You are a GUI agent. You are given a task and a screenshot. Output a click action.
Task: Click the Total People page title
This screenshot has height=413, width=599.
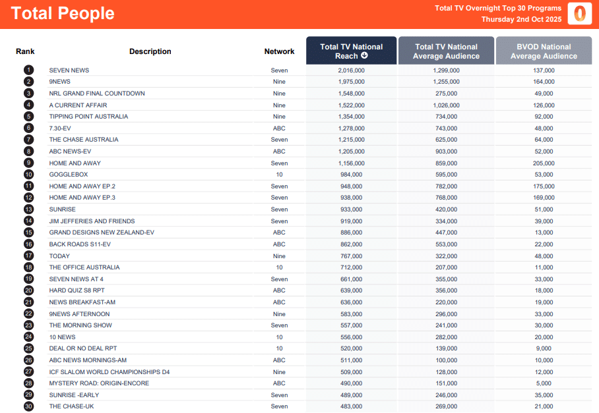(x=63, y=13)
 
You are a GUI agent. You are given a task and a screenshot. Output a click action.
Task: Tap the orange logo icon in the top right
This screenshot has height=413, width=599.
(x=580, y=13)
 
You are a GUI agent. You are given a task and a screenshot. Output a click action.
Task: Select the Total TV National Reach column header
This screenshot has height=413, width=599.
(x=351, y=51)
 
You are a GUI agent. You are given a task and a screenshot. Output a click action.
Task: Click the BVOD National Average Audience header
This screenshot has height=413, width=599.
(x=544, y=51)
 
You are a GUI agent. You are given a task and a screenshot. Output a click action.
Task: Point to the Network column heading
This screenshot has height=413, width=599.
(x=279, y=51)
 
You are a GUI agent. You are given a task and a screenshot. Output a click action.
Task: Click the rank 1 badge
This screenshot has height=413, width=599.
(x=28, y=70)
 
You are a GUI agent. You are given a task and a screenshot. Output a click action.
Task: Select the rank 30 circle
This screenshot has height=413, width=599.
(x=28, y=406)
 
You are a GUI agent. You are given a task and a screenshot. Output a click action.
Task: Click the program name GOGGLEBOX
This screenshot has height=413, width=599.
(x=65, y=175)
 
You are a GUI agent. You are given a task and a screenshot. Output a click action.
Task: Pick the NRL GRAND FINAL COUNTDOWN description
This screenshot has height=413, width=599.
(x=96, y=94)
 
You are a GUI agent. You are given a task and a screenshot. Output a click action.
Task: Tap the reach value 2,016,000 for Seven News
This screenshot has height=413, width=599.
(x=351, y=70)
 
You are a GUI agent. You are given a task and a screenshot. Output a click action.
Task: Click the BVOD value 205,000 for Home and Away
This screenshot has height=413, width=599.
(x=544, y=163)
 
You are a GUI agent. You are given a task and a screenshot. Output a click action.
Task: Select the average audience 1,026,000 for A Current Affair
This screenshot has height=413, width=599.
(x=446, y=105)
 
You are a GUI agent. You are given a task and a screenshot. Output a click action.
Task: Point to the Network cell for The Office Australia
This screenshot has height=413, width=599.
(x=279, y=267)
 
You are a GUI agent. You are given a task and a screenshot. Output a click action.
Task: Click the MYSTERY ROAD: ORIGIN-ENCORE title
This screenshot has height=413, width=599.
(x=99, y=383)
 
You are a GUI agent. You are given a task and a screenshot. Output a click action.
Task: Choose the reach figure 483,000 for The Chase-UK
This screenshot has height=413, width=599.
(x=351, y=406)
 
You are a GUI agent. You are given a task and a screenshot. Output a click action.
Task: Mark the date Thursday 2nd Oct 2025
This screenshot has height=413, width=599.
(x=521, y=19)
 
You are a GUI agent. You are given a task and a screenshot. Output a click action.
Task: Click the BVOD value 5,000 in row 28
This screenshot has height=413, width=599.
(x=544, y=383)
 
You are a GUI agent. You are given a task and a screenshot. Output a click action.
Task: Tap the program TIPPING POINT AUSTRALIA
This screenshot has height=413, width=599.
(x=88, y=117)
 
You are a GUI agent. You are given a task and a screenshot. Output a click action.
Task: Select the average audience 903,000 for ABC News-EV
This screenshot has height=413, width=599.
(x=446, y=151)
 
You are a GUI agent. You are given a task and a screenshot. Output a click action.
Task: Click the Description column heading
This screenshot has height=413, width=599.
(x=150, y=51)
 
